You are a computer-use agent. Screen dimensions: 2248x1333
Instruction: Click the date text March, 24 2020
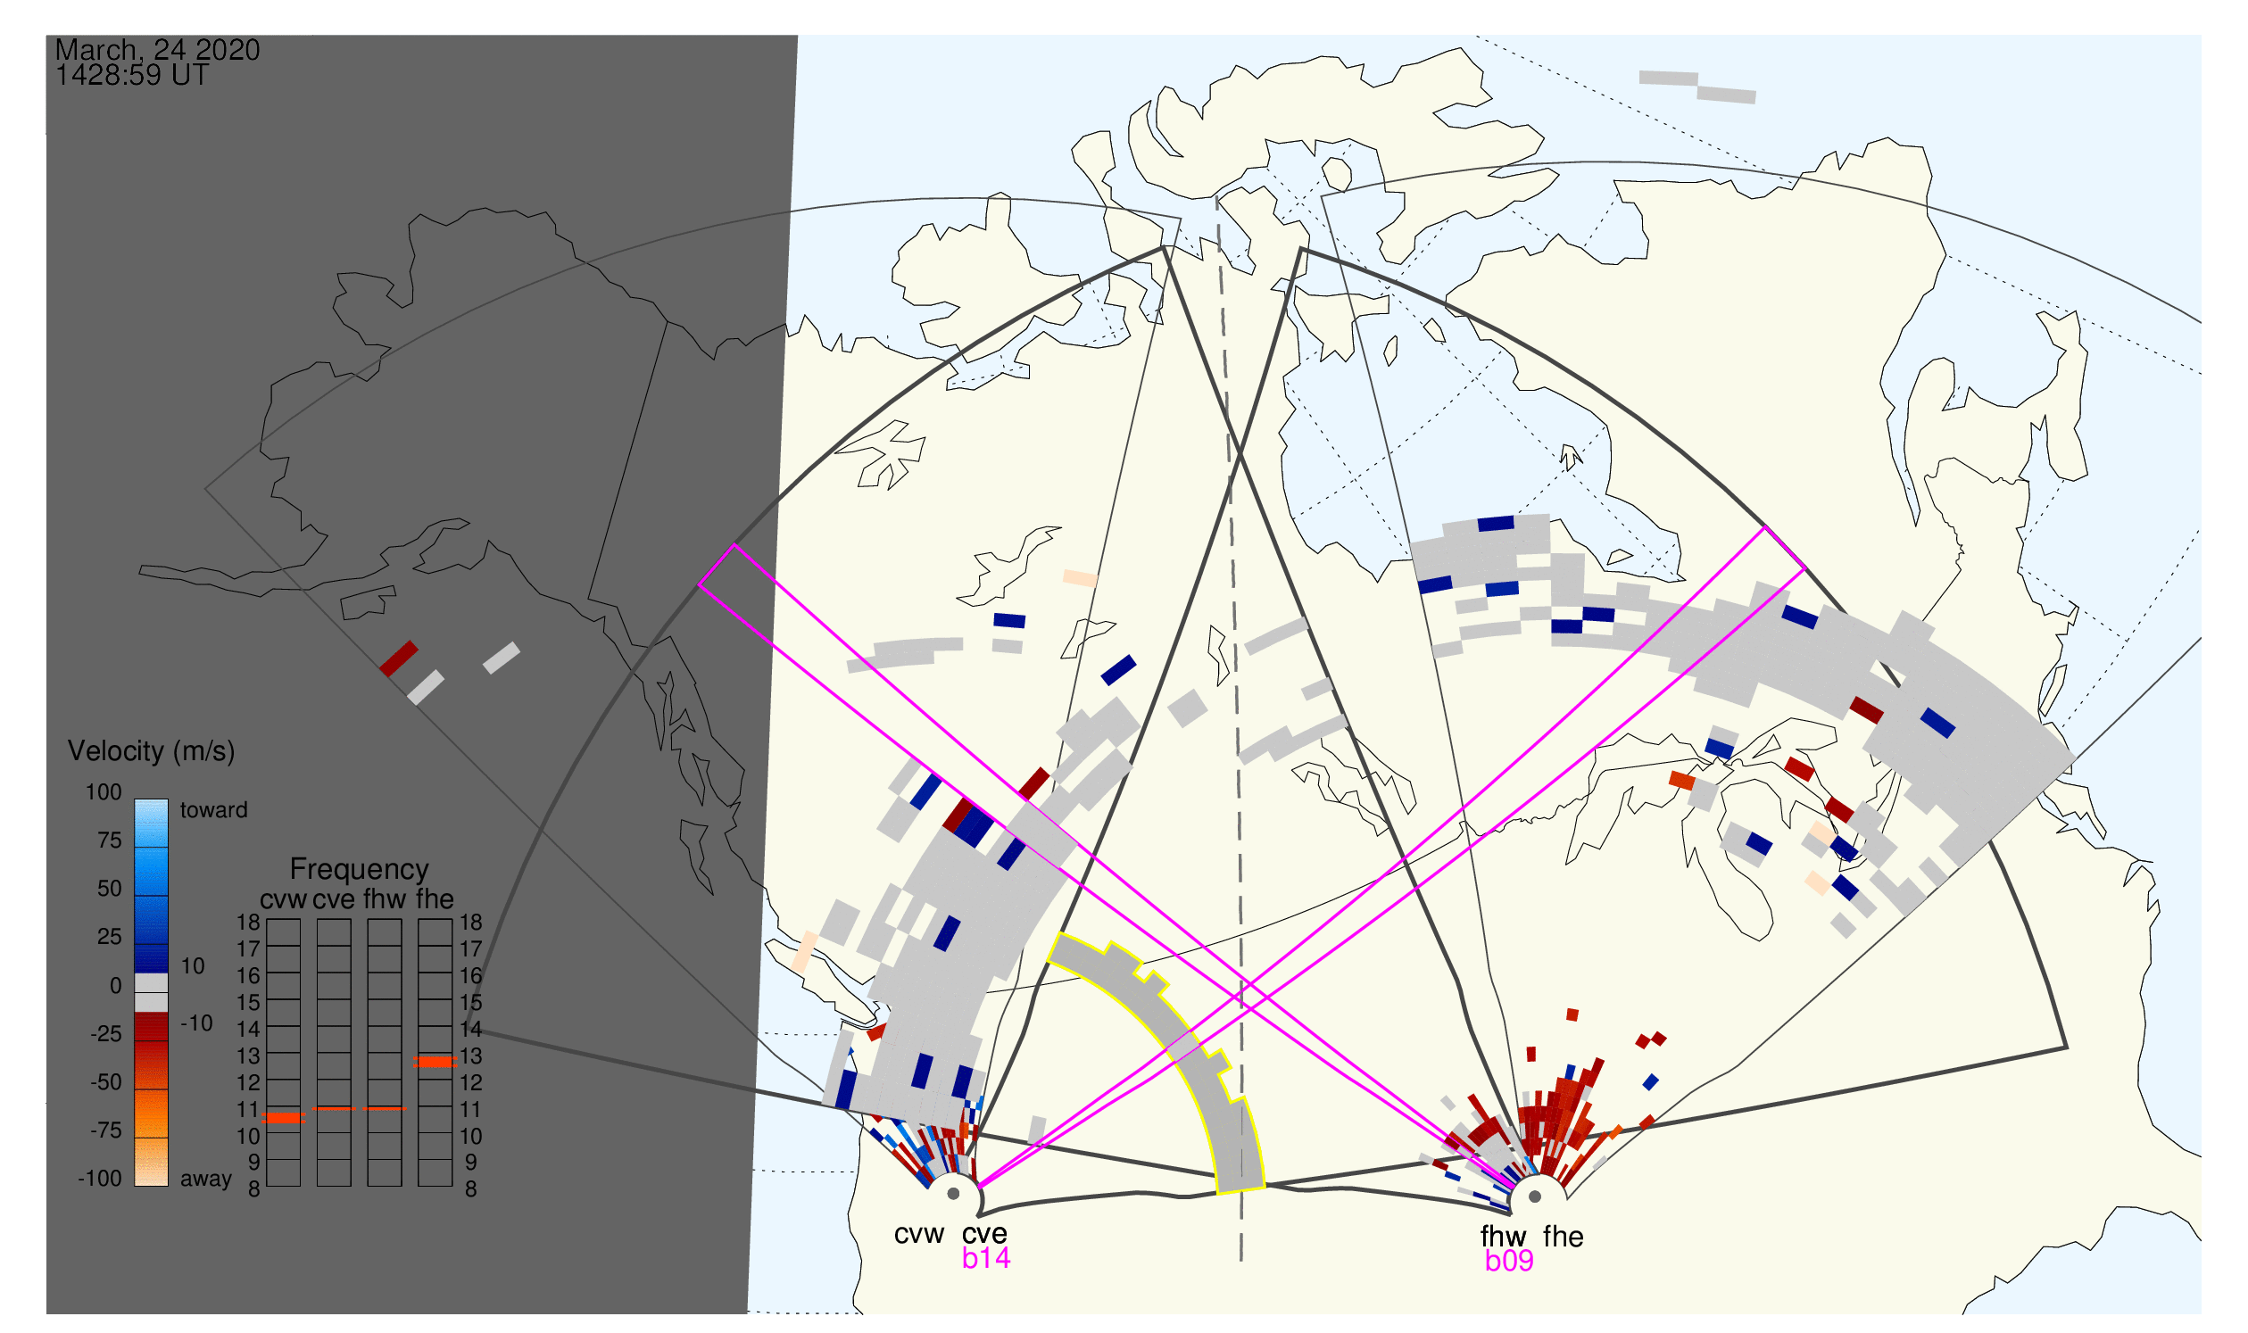tap(157, 49)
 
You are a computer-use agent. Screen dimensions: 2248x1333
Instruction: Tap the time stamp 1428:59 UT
tap(132, 76)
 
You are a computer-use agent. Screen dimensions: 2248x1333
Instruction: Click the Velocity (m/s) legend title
tap(152, 752)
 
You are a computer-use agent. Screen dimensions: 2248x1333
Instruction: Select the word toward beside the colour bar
tap(214, 811)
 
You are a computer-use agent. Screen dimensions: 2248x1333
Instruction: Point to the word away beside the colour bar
tap(206, 1180)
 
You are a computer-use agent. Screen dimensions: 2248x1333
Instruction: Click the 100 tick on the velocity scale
tap(104, 792)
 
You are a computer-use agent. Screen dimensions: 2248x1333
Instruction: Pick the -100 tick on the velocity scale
tap(100, 1180)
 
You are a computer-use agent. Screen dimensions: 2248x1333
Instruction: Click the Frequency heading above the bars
tap(360, 870)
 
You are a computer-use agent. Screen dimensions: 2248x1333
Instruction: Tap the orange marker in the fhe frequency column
tap(435, 1063)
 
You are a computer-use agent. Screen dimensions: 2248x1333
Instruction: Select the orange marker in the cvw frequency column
tap(284, 1119)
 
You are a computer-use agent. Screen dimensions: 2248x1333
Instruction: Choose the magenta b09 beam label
tap(1509, 1262)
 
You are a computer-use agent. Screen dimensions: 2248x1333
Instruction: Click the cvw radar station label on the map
tap(919, 1235)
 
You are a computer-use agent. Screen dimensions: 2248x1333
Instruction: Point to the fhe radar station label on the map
tap(1564, 1237)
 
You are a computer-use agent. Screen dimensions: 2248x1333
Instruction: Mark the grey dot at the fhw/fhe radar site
tap(1536, 1197)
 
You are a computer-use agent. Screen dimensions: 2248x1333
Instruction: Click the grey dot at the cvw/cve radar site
tap(953, 1195)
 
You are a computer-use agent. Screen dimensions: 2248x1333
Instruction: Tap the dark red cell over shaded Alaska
tap(399, 659)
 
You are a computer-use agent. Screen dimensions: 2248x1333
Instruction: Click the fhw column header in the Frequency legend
tap(385, 900)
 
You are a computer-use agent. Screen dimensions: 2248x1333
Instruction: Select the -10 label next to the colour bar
tap(195, 1024)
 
